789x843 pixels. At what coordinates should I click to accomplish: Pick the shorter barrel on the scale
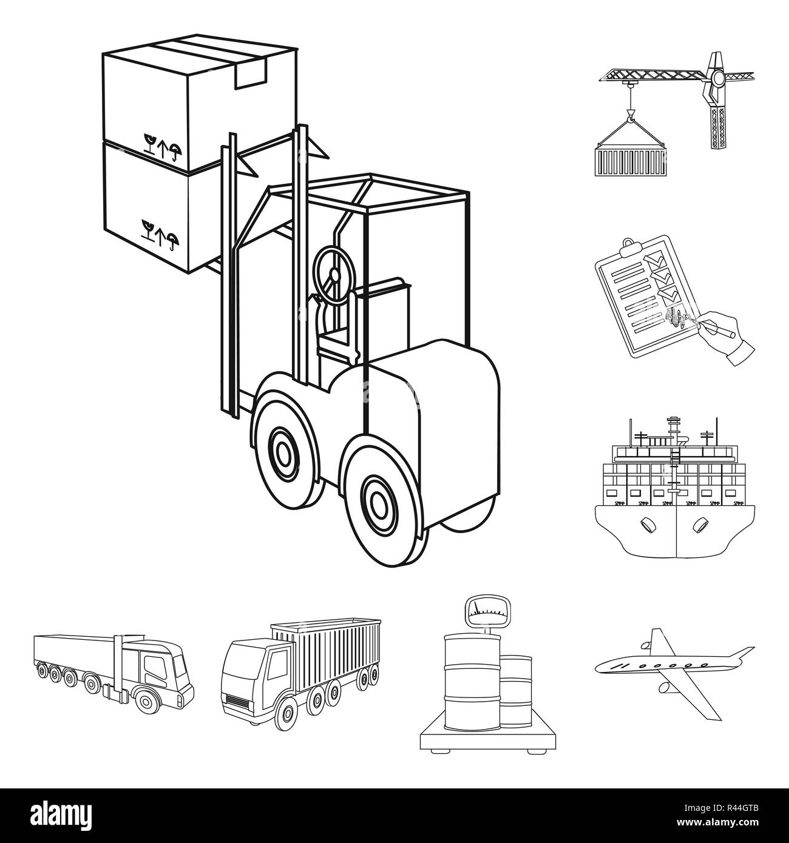click(515, 690)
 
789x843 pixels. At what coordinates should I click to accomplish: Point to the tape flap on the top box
click(251, 74)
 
